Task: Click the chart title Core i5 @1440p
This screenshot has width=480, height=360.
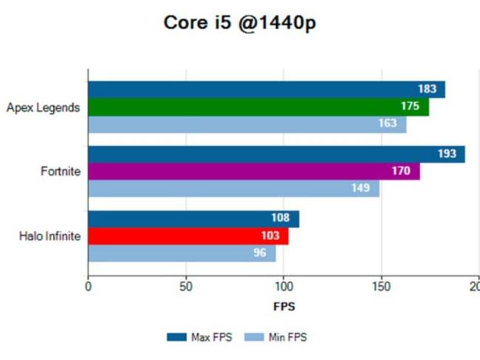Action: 240,24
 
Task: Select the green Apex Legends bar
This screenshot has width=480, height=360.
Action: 258,106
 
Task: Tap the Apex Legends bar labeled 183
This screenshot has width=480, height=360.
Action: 266,89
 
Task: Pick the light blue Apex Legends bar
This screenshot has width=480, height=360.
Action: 247,124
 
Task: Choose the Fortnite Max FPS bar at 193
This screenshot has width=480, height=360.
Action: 276,154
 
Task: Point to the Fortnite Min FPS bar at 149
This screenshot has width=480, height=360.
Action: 233,189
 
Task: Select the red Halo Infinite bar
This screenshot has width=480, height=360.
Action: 188,236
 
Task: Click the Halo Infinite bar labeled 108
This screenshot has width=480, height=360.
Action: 193,219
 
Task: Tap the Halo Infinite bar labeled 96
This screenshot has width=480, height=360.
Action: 182,253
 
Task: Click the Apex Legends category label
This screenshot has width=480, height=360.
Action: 43,107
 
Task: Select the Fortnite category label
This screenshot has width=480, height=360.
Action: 61,171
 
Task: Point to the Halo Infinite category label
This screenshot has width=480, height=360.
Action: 49,237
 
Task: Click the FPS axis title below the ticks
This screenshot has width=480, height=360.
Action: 284,305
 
